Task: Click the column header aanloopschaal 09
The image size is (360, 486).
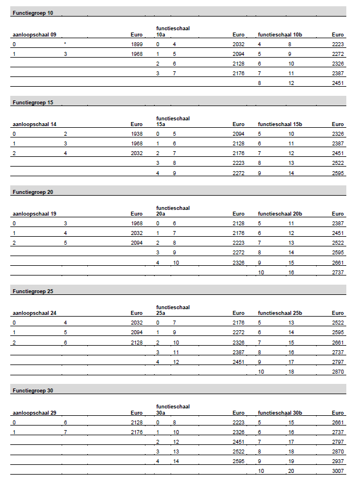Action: [x=34, y=35]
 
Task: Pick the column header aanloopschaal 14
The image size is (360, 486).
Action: [x=34, y=124]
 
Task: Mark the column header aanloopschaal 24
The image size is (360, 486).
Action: [x=34, y=313]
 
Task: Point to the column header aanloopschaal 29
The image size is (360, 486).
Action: [x=34, y=412]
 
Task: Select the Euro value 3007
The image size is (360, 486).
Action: [x=338, y=471]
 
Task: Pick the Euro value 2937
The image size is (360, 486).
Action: [x=338, y=461]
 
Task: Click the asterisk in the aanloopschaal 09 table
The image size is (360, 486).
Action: [x=66, y=44]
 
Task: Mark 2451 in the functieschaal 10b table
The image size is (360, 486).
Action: [x=338, y=83]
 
